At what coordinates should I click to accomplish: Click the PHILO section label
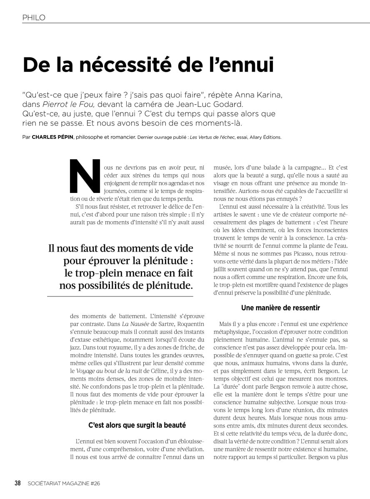34,17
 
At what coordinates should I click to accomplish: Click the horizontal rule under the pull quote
120,296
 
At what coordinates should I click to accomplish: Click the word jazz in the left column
77,347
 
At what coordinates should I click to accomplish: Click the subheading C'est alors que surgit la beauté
137,425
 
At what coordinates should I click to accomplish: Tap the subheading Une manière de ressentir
280,308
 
